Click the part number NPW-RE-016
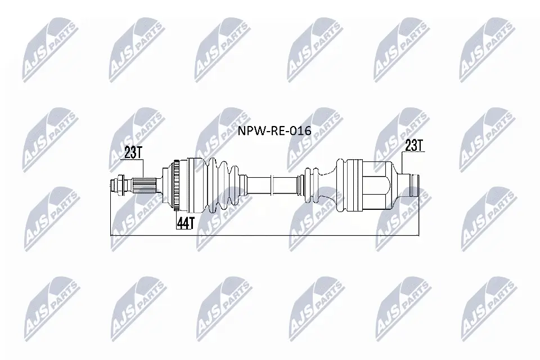pyautogui.click(x=274, y=130)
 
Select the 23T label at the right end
pyautogui.click(x=413, y=146)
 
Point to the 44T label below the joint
pyautogui.click(x=185, y=223)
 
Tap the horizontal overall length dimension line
pyautogui.click(x=264, y=233)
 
